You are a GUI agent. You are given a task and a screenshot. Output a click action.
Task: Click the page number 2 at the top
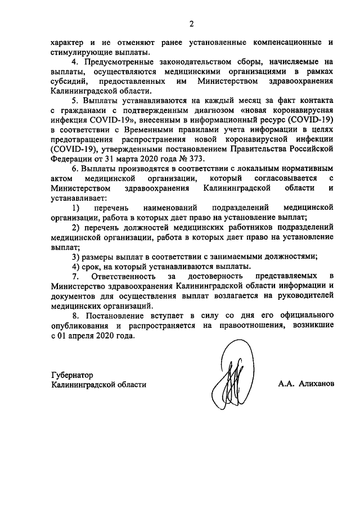tap(191, 24)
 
